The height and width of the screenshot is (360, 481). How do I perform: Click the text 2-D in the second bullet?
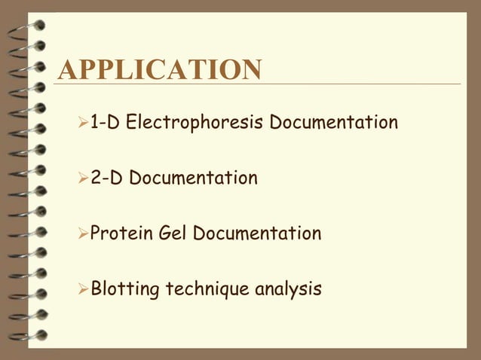click(106, 178)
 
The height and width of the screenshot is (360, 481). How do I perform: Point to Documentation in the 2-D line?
click(193, 178)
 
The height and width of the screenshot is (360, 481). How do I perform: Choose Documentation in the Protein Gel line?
click(256, 233)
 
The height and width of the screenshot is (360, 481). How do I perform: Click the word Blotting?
click(122, 288)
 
